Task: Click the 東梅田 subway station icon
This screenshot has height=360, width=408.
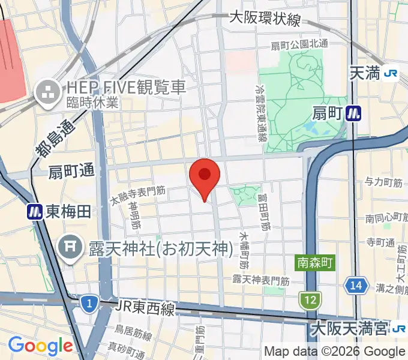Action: [34, 211]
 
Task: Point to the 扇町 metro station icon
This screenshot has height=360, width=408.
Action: [353, 112]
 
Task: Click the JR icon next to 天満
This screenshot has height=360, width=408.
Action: [392, 73]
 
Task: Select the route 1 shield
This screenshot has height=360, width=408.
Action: [89, 304]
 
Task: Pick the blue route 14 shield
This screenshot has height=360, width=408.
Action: [356, 286]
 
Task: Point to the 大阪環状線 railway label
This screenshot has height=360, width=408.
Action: [265, 19]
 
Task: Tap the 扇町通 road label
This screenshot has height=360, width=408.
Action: [71, 171]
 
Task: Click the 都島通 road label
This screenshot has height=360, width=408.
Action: [52, 139]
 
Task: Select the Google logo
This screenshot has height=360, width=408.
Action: [40, 346]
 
